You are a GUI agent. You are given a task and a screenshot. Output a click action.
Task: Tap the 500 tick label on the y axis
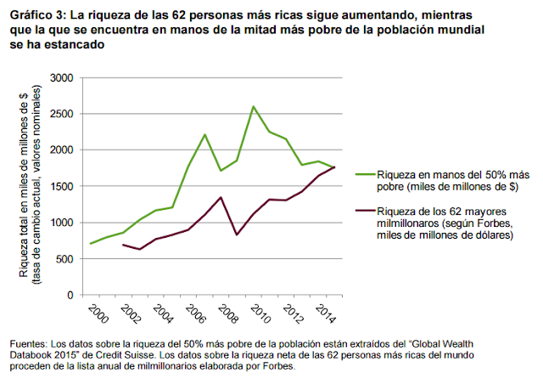64,258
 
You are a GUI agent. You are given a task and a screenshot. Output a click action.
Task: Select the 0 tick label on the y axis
71,295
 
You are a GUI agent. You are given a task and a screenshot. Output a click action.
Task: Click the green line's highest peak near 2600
253,106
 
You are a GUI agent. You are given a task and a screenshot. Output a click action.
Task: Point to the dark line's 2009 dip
237,234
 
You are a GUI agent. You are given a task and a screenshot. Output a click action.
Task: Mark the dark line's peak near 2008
221,197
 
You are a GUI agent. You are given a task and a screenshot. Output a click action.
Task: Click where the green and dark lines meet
333,167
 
